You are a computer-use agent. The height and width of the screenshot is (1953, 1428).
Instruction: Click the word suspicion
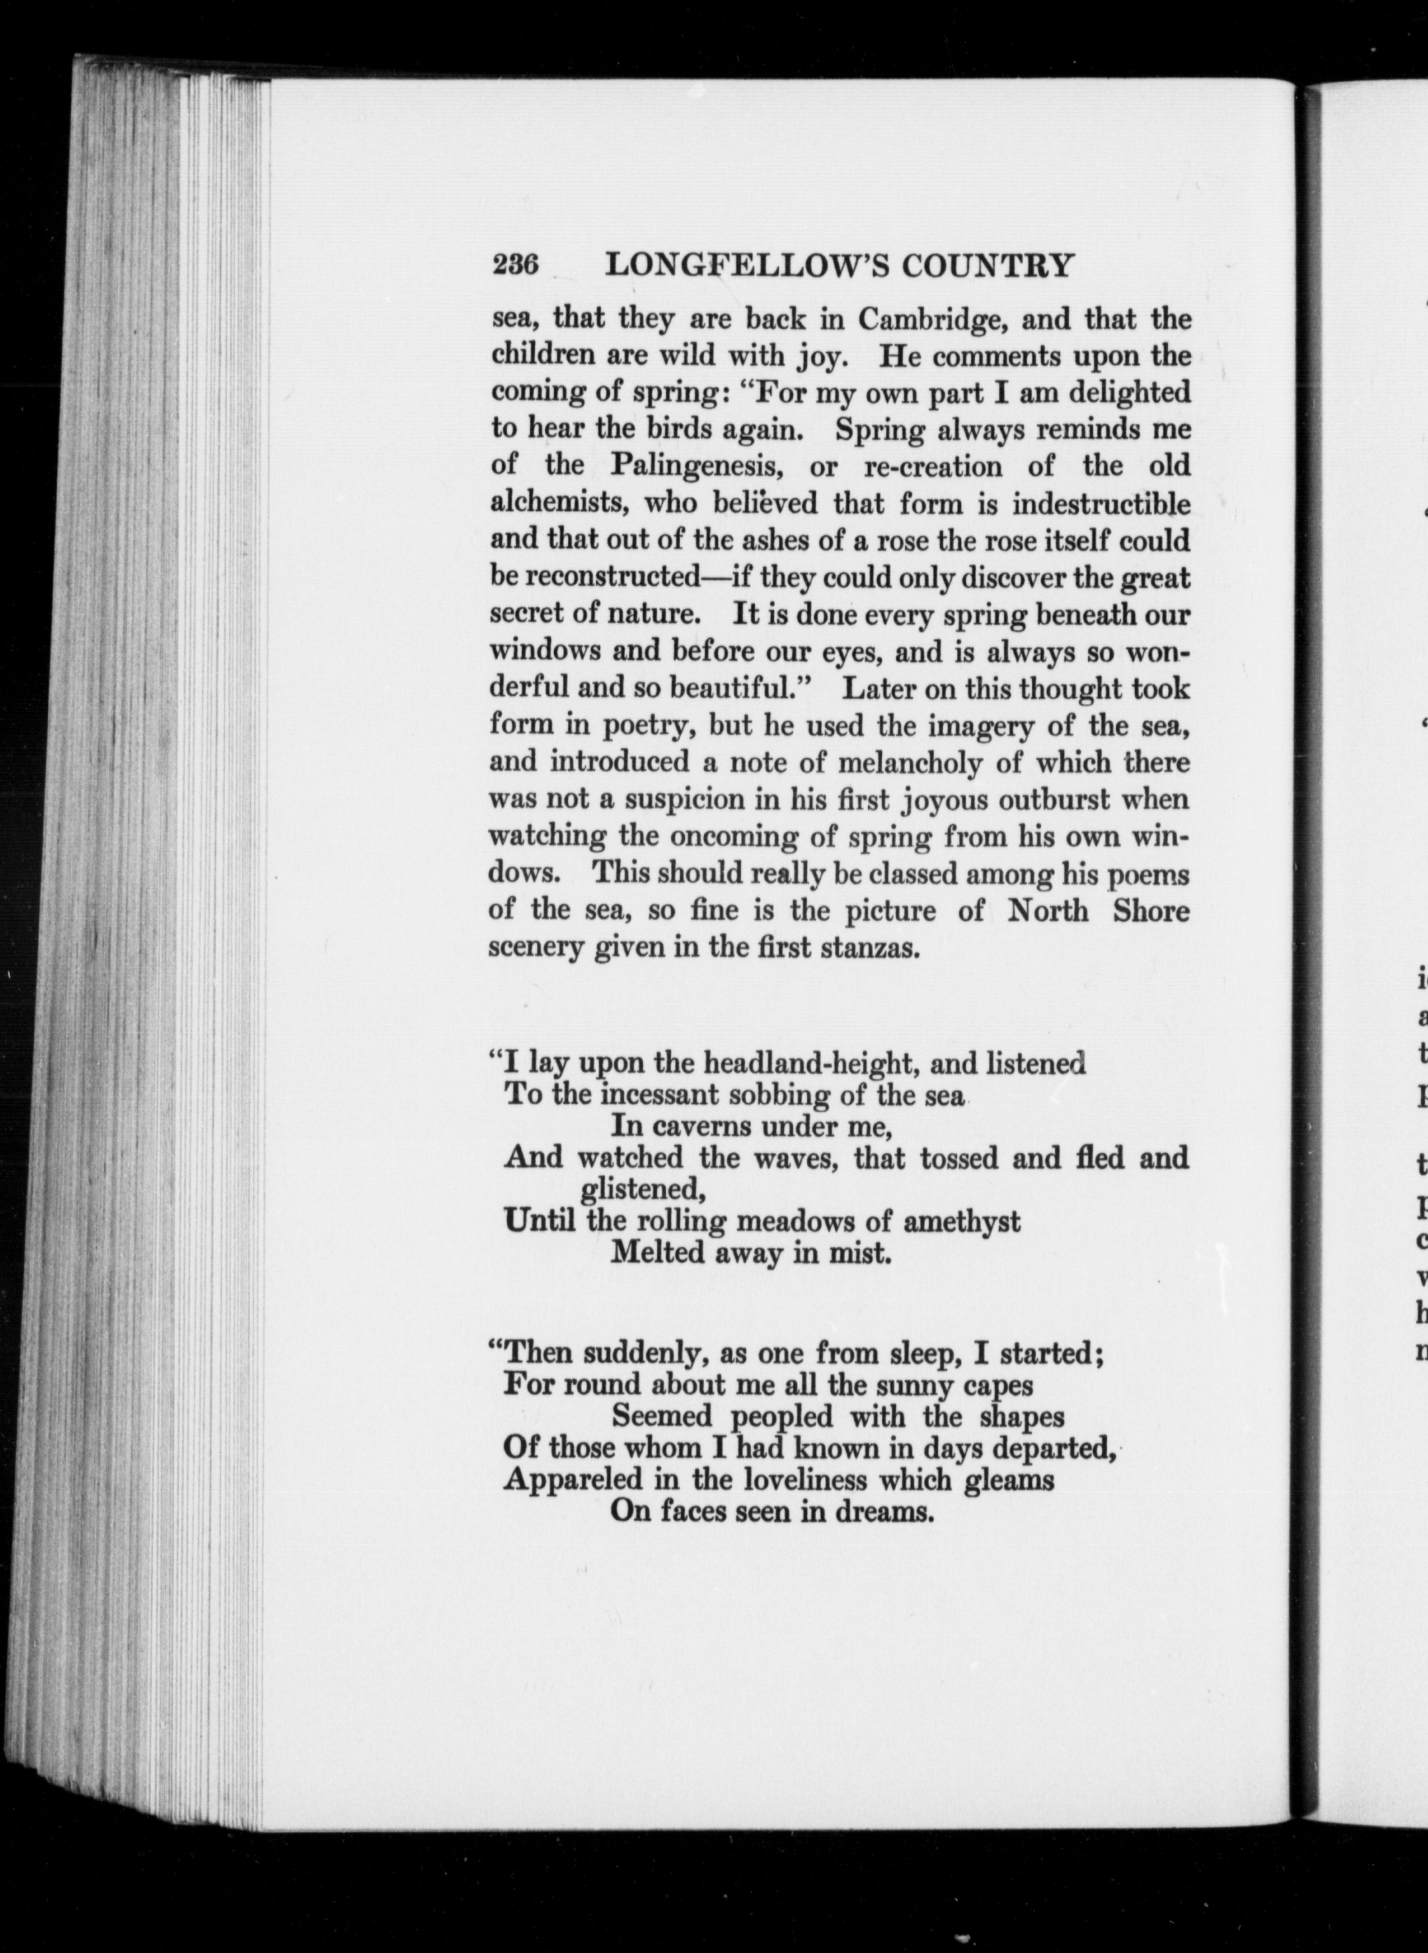pyautogui.click(x=683, y=799)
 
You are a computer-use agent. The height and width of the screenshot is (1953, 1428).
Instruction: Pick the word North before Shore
pyautogui.click(x=1048, y=911)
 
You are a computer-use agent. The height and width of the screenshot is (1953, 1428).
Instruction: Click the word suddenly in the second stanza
pyautogui.click(x=638, y=1353)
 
